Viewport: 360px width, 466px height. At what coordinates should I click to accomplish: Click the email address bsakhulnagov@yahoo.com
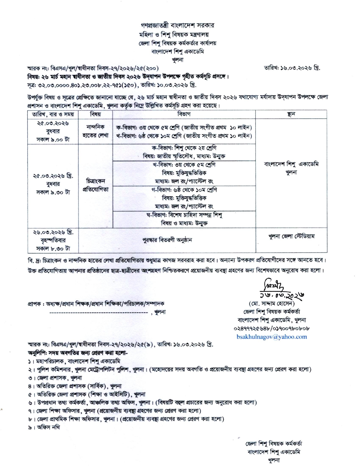point(272,337)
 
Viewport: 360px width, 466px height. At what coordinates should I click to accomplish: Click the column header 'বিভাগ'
point(184,114)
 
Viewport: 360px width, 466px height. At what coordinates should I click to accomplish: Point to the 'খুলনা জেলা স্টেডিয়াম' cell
point(291,236)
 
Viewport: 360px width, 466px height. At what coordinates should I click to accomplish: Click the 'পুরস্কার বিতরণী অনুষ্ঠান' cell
point(167,240)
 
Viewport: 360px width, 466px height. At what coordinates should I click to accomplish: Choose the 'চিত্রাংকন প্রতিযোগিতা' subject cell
point(95,185)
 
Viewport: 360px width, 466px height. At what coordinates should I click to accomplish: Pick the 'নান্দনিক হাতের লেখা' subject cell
point(95,131)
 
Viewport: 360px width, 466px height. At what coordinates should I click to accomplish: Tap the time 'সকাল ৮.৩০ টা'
point(53,249)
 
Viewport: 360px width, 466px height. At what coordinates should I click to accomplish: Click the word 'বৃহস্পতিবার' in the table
point(53,240)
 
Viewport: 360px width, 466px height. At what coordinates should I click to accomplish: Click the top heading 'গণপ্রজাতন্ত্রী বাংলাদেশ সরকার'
point(177,25)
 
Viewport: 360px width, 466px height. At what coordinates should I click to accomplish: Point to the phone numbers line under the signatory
point(272,328)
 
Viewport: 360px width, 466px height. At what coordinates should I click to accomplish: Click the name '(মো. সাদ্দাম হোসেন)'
point(272,304)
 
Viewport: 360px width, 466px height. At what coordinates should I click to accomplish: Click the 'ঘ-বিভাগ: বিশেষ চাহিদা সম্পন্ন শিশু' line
point(184,215)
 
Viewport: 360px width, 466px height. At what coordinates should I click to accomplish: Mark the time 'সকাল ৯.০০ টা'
point(53,140)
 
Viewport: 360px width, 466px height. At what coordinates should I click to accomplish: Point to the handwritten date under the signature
point(282,295)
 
